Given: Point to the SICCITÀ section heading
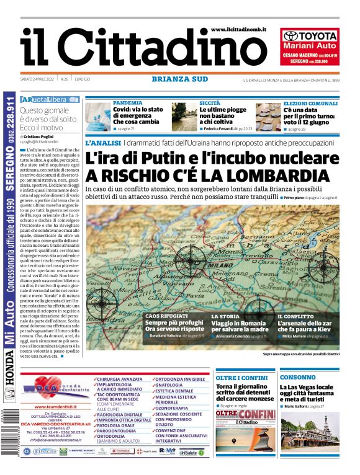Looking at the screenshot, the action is coord(210,102).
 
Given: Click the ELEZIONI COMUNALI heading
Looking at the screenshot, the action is coord(310,102).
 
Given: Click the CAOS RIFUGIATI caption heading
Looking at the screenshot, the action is coord(166,316).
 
